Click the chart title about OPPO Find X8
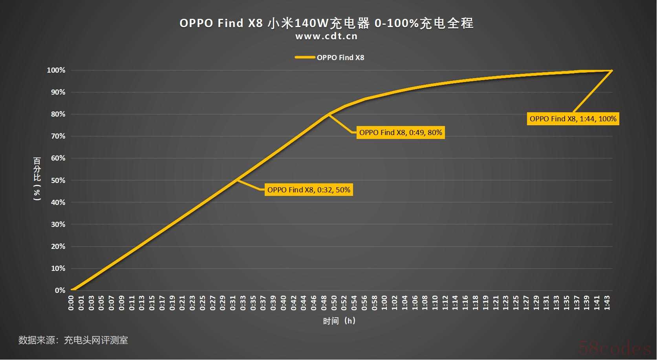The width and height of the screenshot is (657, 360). click(326, 23)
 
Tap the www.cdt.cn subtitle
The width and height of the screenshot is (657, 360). click(326, 37)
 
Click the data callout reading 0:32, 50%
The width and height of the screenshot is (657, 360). click(309, 190)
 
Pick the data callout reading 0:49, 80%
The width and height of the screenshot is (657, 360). click(401, 132)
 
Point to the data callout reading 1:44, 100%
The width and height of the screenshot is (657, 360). click(573, 119)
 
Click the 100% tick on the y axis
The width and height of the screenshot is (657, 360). click(56, 70)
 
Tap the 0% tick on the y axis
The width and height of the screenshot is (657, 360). click(60, 291)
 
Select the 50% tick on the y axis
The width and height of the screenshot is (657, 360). click(58, 181)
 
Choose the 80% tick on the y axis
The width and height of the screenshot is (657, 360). click(58, 114)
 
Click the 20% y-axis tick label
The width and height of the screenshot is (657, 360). click(58, 247)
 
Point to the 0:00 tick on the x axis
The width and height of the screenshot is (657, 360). click(71, 303)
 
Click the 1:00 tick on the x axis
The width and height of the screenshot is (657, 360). click(384, 303)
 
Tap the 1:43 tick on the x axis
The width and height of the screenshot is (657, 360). click(607, 303)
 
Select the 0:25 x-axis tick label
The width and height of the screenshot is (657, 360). click(203, 303)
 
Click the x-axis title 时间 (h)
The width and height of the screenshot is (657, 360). click(339, 321)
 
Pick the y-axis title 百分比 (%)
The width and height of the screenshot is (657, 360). click(37, 179)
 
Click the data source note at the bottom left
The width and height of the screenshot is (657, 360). click(73, 340)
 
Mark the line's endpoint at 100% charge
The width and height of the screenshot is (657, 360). click(612, 71)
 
